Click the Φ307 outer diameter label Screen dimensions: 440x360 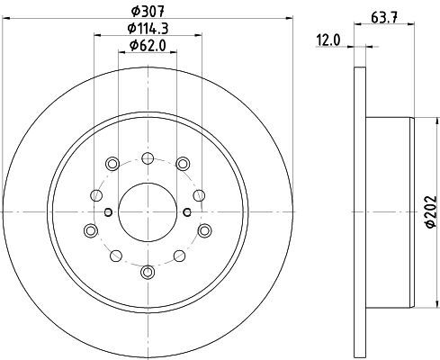click(x=148, y=12)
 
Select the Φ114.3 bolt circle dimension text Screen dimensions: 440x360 click(x=148, y=29)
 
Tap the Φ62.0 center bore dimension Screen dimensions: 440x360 click(x=148, y=46)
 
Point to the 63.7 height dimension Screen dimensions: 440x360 click(x=384, y=17)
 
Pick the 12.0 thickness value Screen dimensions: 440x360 click(x=328, y=40)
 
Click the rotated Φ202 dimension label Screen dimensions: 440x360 click(x=431, y=211)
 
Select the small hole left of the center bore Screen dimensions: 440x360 click(x=109, y=212)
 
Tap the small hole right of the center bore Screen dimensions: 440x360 click(x=187, y=212)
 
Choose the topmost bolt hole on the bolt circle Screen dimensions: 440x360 click(x=148, y=158)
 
